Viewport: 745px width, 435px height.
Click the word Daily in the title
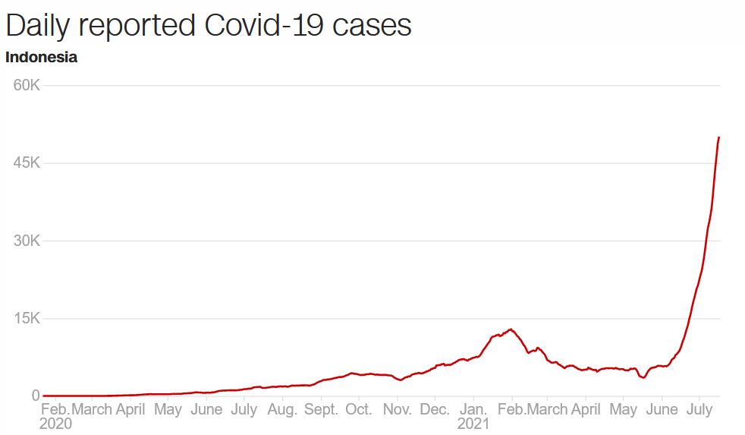point(37,26)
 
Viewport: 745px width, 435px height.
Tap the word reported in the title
point(137,26)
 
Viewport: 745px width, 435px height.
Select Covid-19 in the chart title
point(264,25)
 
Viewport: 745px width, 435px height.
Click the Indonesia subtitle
point(41,57)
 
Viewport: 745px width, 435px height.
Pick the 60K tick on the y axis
point(27,85)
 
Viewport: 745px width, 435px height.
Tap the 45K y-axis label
point(27,163)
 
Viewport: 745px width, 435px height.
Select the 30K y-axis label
point(27,241)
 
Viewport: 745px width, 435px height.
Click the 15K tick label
point(27,318)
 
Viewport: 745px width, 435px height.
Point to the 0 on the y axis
point(36,396)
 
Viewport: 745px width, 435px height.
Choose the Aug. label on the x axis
point(282,409)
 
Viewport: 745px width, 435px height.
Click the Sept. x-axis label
point(321,409)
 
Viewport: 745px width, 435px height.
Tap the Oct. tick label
point(359,409)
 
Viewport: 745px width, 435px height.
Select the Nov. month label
point(398,409)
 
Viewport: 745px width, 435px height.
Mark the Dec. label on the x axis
point(435,409)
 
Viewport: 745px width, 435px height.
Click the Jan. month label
point(473,409)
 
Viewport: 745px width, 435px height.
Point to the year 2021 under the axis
point(473,424)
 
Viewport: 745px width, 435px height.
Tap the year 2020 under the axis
point(55,424)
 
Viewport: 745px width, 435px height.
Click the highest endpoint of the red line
point(719,137)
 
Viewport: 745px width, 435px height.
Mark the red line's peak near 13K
point(511,329)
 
